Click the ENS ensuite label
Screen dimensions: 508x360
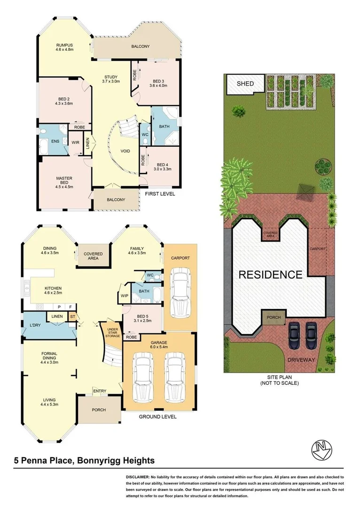pos(55,141)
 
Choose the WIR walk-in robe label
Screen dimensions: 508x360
pos(75,142)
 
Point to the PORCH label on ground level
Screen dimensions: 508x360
pos(99,410)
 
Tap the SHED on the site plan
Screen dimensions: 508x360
pos(245,84)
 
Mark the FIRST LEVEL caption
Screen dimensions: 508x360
pos(160,193)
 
